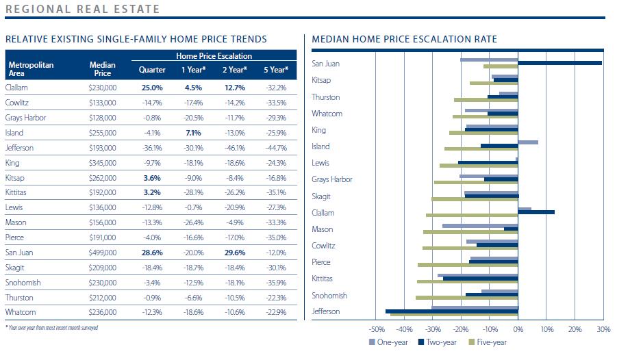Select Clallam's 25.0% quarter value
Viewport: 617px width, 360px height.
[151, 88]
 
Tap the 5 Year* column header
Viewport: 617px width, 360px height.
[277, 70]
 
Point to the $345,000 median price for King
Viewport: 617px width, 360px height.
[103, 164]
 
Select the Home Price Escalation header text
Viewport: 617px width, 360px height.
[214, 56]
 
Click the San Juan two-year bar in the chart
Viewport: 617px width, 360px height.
[559, 63]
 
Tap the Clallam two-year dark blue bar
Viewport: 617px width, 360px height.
[536, 212]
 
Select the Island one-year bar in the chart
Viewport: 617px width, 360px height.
[528, 142]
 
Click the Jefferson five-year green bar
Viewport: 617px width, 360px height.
[454, 315]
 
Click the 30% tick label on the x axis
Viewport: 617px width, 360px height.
[603, 330]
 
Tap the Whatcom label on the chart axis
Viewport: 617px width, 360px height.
[327, 114]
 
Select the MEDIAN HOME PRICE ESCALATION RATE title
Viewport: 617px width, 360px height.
[404, 40]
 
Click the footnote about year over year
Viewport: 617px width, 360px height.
[52, 328]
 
